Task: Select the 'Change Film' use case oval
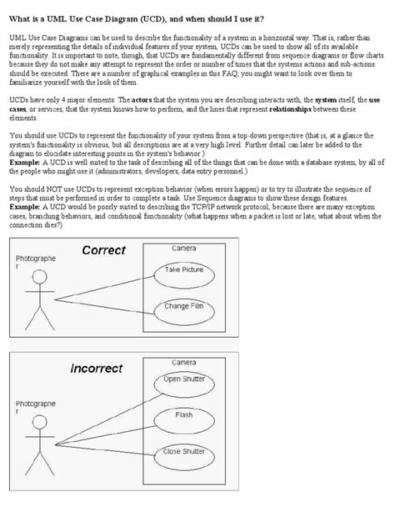point(184,308)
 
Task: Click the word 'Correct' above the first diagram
point(104,250)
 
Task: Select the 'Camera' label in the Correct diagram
point(184,248)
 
